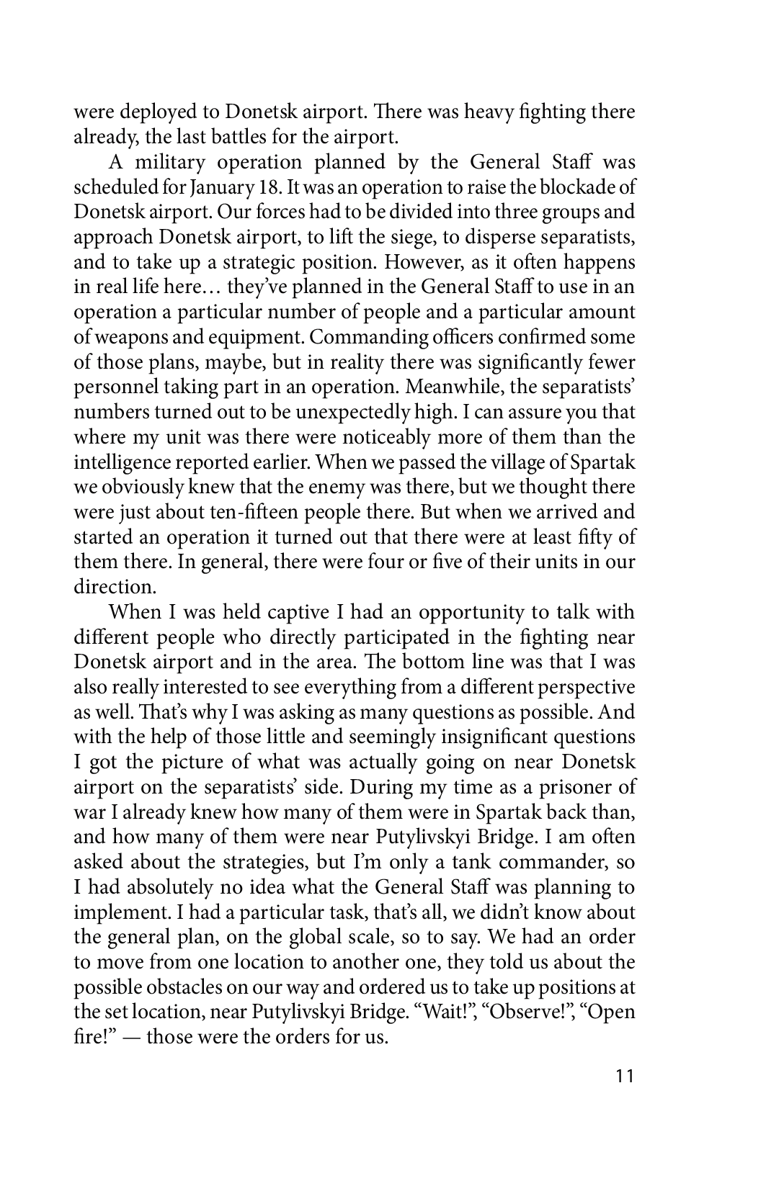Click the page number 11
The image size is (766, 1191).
[x=625, y=1077]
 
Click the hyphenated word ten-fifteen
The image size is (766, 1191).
[x=231, y=512]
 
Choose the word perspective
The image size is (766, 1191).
[x=583, y=686]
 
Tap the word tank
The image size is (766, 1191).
[x=453, y=861]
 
